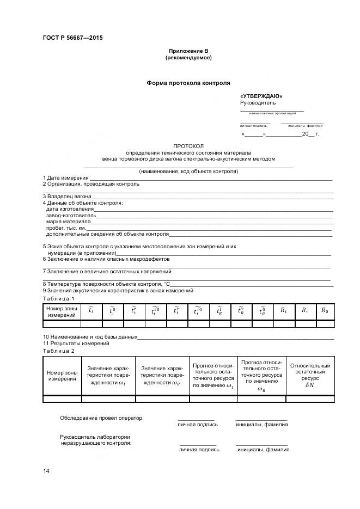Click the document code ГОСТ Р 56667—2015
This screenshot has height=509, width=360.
(x=72, y=38)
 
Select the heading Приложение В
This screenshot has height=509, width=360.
(x=188, y=51)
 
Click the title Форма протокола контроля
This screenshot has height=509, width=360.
(x=188, y=83)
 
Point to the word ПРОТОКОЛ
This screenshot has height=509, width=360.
(x=188, y=146)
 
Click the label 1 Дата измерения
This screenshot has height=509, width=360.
(x=65, y=178)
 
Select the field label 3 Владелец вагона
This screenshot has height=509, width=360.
(x=67, y=196)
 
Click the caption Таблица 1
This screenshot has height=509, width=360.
(x=58, y=299)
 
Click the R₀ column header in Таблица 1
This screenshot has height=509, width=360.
(x=325, y=310)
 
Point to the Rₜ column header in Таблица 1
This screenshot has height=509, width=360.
(x=283, y=310)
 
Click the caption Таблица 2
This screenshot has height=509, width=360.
(x=59, y=351)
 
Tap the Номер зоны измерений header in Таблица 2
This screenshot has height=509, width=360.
(x=62, y=376)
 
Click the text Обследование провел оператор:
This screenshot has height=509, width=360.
(x=101, y=418)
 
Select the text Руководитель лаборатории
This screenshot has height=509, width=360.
(x=95, y=437)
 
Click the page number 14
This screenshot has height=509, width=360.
(x=46, y=470)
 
